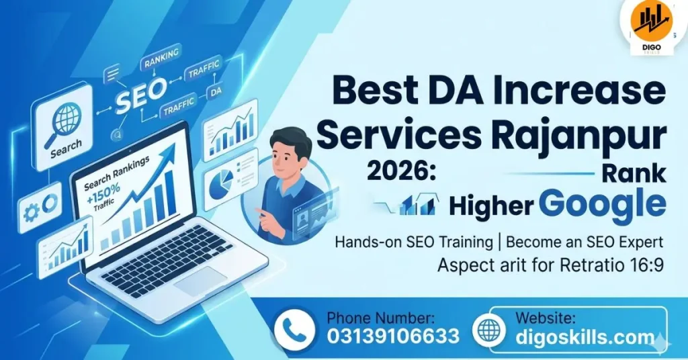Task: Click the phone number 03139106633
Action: click(393, 336)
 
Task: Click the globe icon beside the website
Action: click(488, 330)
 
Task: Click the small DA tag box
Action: click(216, 91)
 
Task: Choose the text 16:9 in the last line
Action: click(648, 265)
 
